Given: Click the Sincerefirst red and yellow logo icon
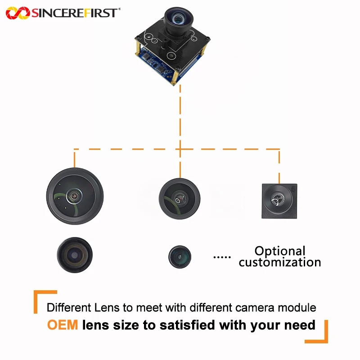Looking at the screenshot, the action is click(x=18, y=13).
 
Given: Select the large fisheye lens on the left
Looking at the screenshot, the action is click(x=75, y=196).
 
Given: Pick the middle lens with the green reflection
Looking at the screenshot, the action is click(x=180, y=199).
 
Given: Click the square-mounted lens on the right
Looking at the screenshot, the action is click(x=279, y=201).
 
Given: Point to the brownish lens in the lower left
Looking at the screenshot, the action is click(x=75, y=255).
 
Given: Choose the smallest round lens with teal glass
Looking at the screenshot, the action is click(x=180, y=256).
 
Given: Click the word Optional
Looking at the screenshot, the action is click(x=280, y=251).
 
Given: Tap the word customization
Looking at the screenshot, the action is click(x=280, y=262).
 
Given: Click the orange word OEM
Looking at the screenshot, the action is click(x=63, y=325).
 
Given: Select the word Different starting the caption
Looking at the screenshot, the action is click(x=69, y=307).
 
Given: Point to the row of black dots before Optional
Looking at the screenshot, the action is click(x=222, y=257).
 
